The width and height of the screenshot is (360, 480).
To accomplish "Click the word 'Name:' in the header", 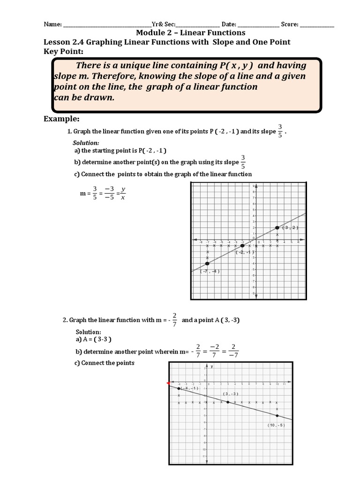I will tap(52, 24).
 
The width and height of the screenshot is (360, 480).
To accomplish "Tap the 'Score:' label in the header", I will tap(290, 24).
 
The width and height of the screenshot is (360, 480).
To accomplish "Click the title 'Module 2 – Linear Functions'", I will tap(190, 33).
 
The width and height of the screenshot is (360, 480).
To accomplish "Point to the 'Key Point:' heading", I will tap(63, 51).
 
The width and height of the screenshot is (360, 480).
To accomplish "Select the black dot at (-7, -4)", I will tap(207, 263).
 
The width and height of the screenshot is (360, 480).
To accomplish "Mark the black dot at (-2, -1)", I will tap(242, 246).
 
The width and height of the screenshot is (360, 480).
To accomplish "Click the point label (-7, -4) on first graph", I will tap(210, 271).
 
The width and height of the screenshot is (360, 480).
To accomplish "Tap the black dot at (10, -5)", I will tap(277, 416).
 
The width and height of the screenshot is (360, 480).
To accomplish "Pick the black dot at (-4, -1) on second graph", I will tap(179, 389).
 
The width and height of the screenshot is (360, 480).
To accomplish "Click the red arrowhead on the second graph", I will tap(168, 383).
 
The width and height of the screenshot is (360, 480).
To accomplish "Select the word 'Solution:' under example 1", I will tap(86, 142).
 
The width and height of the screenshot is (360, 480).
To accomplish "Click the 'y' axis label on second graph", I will tap(212, 367).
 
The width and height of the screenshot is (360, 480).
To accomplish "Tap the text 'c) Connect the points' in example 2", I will tap(105, 363).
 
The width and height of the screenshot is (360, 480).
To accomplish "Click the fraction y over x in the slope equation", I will tap(123, 194).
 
